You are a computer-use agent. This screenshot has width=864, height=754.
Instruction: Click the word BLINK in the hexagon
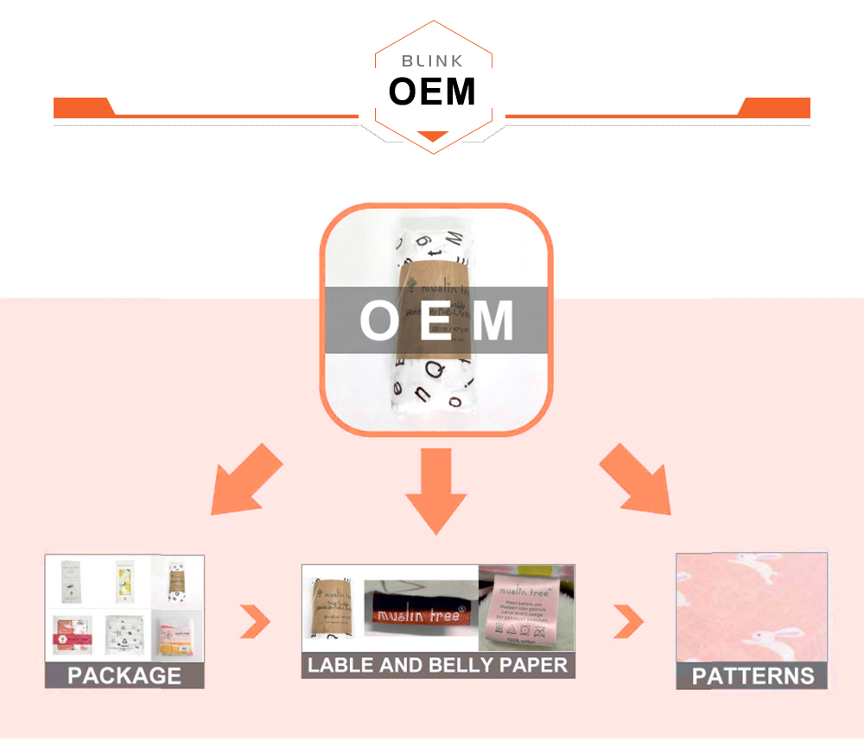[432, 61]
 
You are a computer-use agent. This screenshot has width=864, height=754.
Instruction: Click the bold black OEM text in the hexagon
[432, 92]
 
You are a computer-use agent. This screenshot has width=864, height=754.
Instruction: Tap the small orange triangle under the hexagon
[433, 136]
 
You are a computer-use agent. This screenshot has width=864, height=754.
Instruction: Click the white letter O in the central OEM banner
[378, 320]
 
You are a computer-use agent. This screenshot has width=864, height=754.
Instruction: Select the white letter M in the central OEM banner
[493, 320]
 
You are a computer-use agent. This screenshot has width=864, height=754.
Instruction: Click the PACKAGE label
[124, 675]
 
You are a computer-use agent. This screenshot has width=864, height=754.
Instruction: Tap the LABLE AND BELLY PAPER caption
[438, 665]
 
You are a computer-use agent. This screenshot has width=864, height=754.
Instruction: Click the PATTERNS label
[753, 675]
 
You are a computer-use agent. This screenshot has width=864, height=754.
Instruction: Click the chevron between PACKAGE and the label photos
[255, 619]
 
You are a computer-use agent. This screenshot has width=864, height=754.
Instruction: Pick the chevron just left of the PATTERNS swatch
[630, 619]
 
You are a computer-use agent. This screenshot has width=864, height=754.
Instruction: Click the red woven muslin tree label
[420, 614]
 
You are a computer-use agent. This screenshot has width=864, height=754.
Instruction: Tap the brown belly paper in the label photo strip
[330, 609]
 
